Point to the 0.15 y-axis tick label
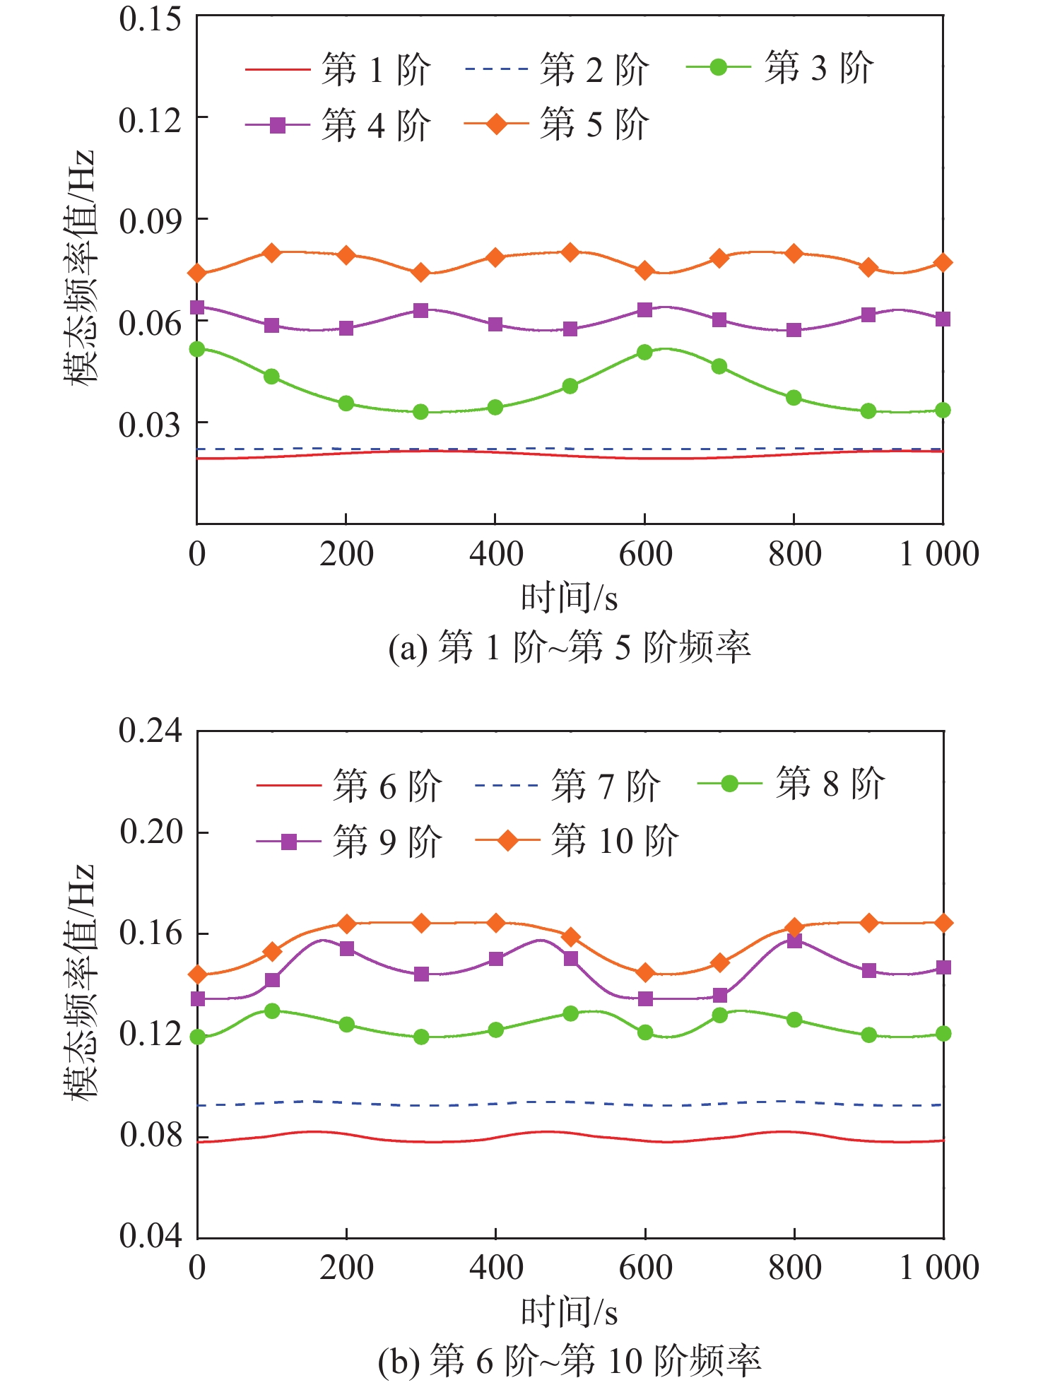tap(150, 19)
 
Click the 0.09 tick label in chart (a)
tap(150, 221)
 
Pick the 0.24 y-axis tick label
tap(150, 731)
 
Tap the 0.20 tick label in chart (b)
tap(150, 832)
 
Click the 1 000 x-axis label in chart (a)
tap(938, 554)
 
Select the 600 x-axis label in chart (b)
tap(645, 1268)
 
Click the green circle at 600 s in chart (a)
tap(644, 352)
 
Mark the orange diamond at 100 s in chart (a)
tap(272, 252)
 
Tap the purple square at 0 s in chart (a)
tap(197, 307)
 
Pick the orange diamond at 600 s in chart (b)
tap(644, 973)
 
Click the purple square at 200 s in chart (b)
tap(346, 948)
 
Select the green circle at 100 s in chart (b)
tap(272, 1010)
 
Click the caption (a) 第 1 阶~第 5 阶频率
tap(570, 647)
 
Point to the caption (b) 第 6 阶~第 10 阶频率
tap(570, 1361)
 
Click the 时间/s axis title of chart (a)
tap(570, 599)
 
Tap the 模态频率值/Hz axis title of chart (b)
tap(79, 982)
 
